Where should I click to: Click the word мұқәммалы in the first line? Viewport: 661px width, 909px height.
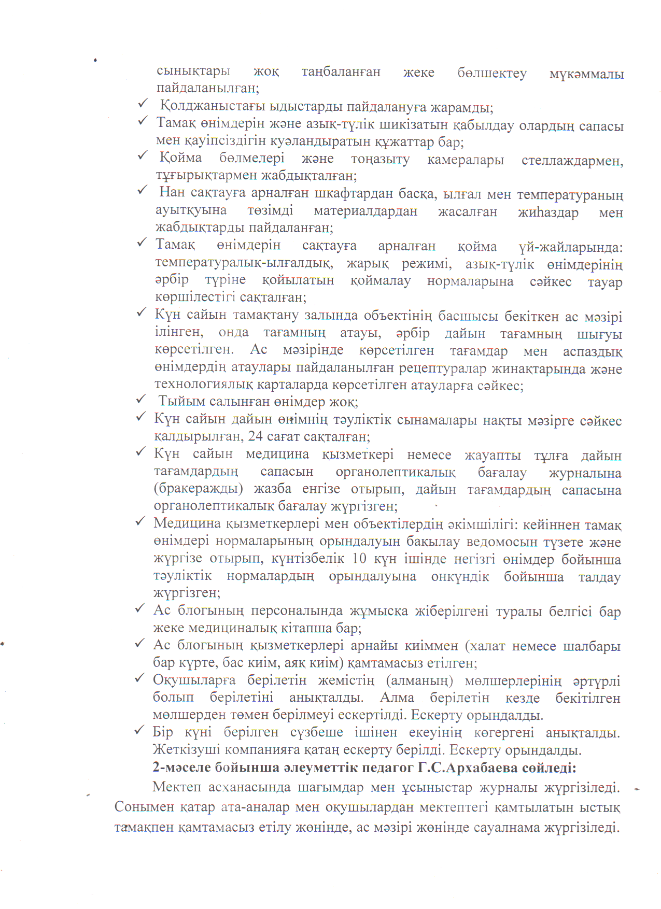(586, 75)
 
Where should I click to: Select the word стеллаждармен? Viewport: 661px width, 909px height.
(572, 161)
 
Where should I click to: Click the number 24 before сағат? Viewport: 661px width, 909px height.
(255, 436)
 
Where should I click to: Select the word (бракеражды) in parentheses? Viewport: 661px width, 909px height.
(198, 490)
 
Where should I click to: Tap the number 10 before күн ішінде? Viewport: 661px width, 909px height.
(359, 559)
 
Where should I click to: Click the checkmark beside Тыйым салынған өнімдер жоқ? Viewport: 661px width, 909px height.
(141, 399)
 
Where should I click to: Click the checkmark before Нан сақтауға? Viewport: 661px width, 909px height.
(142, 191)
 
